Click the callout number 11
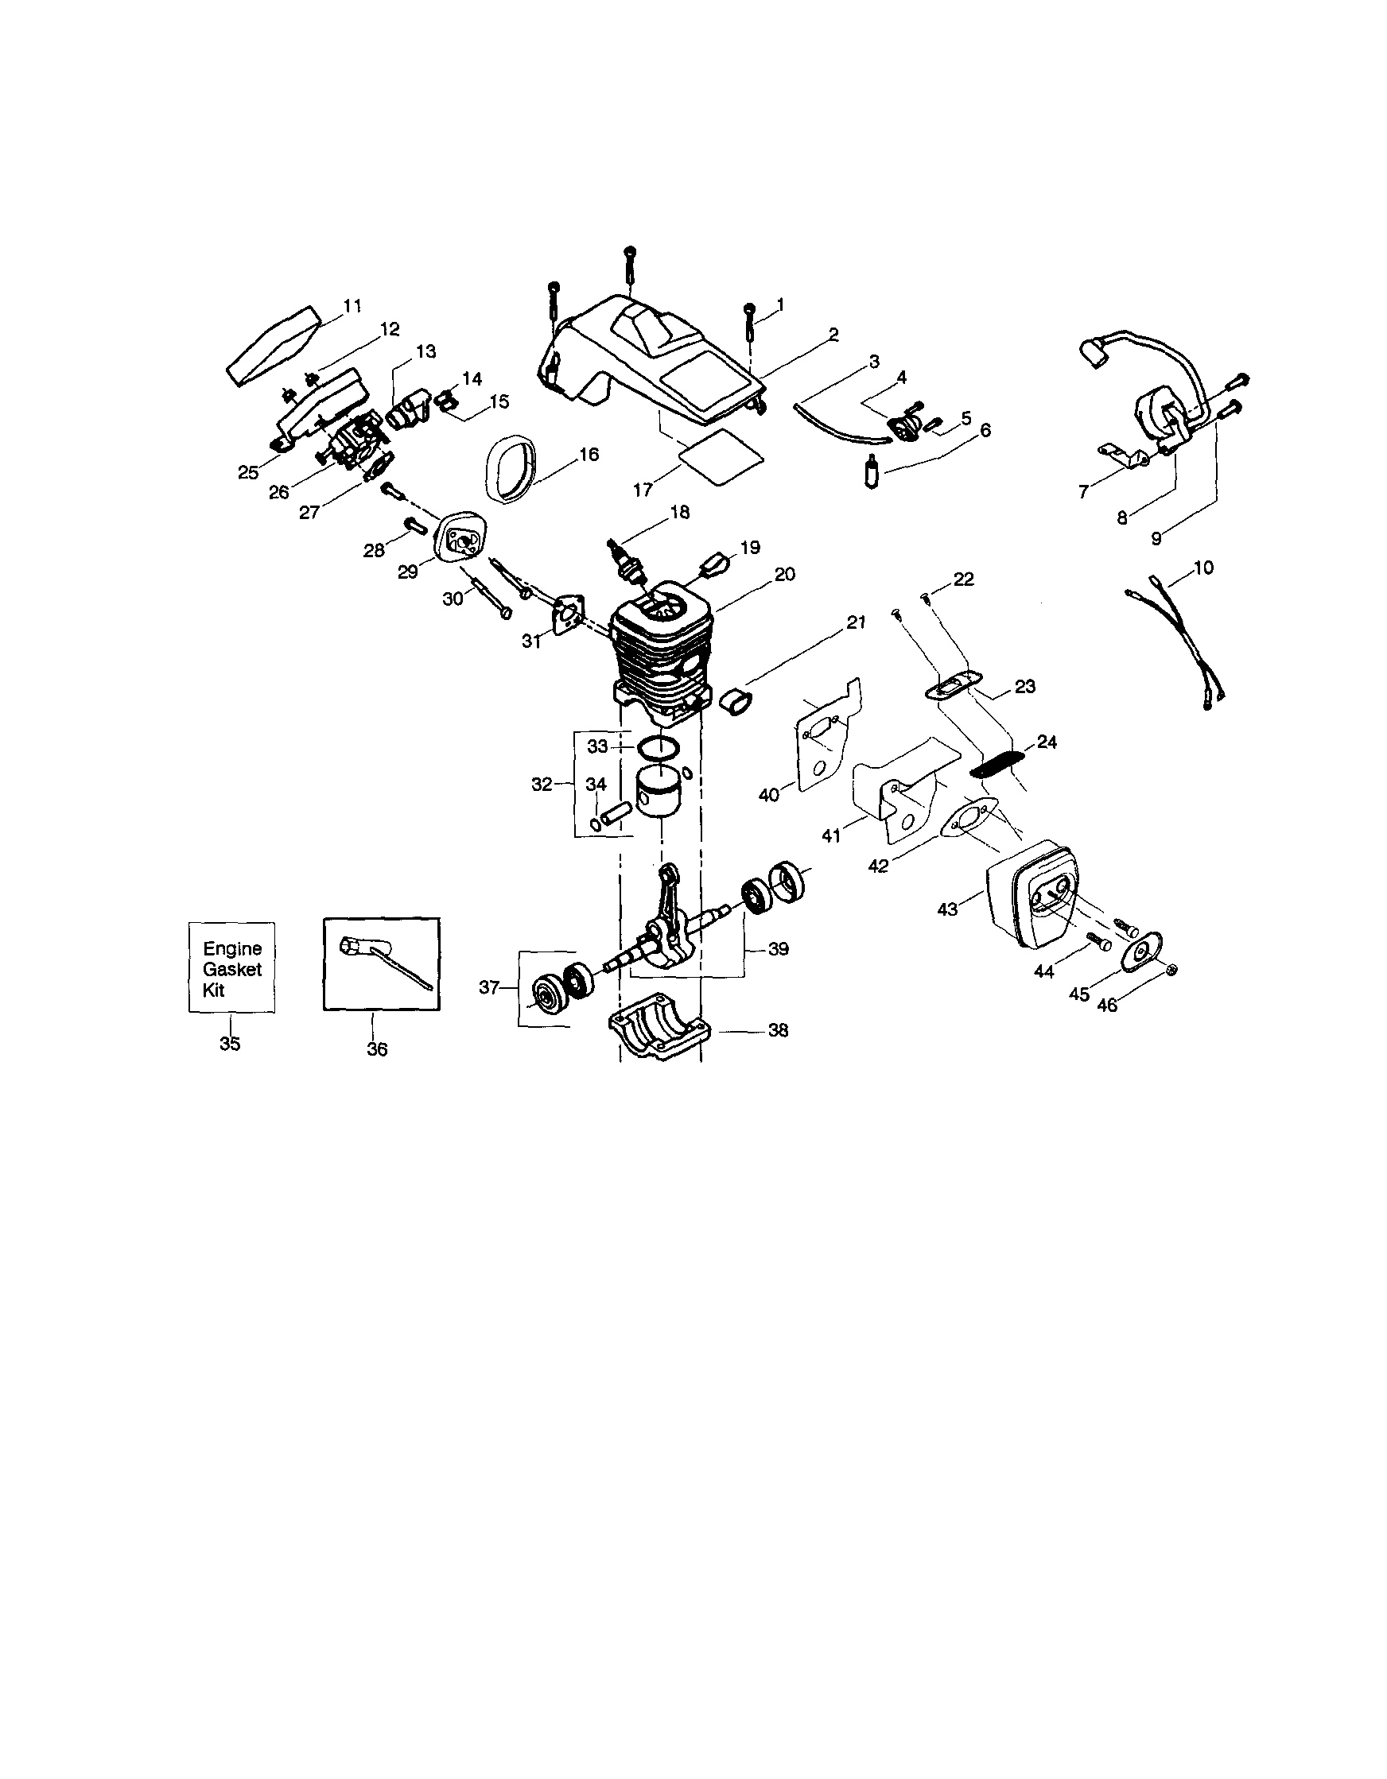click(352, 306)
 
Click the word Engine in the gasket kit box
click(232, 949)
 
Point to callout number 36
click(376, 1050)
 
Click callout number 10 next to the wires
click(1202, 568)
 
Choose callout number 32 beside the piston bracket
click(541, 784)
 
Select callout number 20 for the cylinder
click(784, 574)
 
